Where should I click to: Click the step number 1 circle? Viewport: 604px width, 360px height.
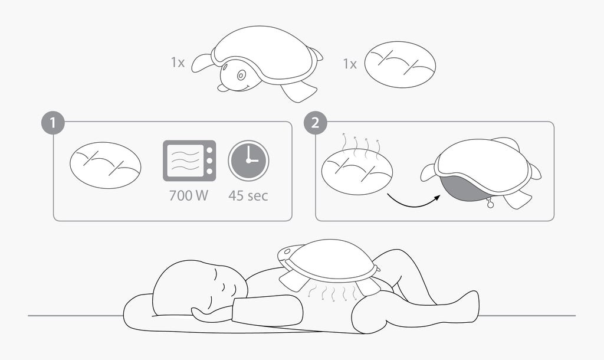point(52,123)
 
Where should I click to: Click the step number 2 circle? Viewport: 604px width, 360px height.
point(315,123)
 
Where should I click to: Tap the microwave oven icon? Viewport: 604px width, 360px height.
point(189,161)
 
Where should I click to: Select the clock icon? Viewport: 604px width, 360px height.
point(248,161)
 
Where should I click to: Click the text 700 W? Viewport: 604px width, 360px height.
point(189,195)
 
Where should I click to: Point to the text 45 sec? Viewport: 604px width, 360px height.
point(248,195)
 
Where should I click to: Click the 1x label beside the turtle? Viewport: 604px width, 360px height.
point(178,62)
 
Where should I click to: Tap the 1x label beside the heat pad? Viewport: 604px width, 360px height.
point(350,64)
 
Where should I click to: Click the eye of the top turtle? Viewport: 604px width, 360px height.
point(241,75)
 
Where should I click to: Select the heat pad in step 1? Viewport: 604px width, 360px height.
point(106,165)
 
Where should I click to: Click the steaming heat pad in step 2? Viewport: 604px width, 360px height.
point(357,171)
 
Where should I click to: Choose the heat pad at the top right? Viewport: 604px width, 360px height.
point(401,64)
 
